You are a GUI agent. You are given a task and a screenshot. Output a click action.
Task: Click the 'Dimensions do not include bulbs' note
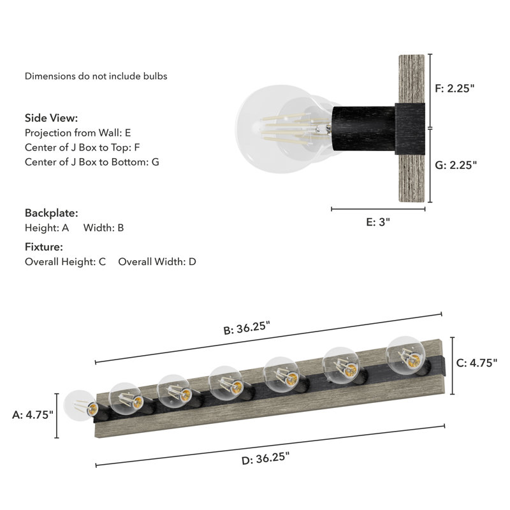[96, 76]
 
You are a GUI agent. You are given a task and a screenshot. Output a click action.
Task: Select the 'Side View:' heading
[52, 118]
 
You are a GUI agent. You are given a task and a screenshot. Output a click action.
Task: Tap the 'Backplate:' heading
[52, 213]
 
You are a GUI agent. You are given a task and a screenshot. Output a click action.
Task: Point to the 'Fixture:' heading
[44, 247]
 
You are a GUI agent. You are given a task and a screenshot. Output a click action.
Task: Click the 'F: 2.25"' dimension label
[455, 89]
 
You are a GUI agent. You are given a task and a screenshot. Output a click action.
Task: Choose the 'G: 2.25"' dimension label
[455, 164]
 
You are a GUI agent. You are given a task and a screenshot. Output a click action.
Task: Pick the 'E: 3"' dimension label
[378, 222]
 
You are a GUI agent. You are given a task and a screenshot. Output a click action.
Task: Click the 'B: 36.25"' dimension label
[247, 330]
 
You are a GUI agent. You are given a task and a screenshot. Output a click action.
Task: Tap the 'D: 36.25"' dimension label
[266, 458]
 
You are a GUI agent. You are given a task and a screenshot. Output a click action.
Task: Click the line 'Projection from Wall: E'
[78, 133]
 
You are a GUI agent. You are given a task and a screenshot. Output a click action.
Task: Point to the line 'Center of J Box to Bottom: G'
[92, 162]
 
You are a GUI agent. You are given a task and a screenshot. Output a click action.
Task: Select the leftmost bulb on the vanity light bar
[81, 407]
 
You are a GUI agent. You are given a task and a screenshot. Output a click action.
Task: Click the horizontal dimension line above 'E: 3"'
[378, 208]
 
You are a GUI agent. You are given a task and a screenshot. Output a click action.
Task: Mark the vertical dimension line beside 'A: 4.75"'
[57, 415]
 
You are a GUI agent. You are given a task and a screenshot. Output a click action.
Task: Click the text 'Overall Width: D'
[157, 261]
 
